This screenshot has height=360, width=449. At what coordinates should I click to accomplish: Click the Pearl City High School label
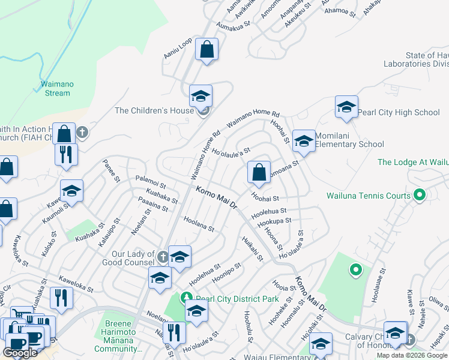click(399, 112)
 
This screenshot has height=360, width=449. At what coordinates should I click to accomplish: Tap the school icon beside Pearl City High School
click(346, 107)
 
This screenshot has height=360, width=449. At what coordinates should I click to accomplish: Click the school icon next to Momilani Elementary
click(304, 142)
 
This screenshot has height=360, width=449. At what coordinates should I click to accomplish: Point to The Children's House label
click(154, 110)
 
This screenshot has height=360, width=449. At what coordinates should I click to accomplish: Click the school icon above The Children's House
click(200, 95)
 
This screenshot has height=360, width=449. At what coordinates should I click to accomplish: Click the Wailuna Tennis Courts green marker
click(420, 195)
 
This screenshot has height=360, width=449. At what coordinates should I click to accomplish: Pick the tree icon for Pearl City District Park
click(187, 298)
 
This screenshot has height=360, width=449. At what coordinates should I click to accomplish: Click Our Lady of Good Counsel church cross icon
click(162, 257)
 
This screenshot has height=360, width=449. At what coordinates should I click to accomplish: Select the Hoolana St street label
click(199, 224)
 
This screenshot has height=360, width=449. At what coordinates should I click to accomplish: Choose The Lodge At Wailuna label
click(413, 162)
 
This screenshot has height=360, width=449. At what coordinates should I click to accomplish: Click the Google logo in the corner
click(20, 353)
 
